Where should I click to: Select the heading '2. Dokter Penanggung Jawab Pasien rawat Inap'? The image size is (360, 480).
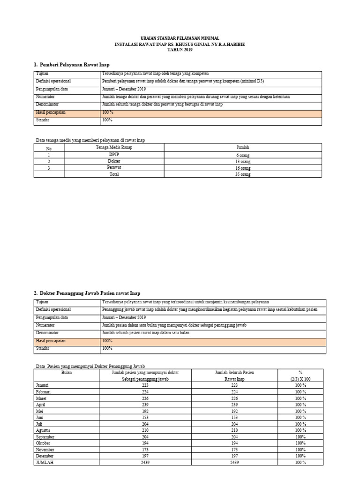pos(87,293)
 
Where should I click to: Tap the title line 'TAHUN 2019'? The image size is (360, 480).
pos(180,50)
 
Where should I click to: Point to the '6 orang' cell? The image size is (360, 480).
pos(243,155)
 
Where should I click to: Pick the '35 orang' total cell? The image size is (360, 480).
pos(243,174)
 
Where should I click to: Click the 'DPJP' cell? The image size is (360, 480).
pos(114,155)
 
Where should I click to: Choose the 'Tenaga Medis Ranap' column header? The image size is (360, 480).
pos(114,147)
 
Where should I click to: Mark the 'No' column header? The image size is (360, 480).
pos(48,148)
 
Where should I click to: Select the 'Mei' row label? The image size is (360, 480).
pos(39,411)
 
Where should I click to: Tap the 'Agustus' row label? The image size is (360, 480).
pos(43,430)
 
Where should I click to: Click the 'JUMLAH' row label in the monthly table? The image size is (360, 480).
pos(45,462)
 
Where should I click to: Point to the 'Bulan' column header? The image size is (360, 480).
pos(67,373)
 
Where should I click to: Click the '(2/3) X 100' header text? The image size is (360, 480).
pos(300,379)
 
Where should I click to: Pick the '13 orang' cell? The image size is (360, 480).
pos(243,161)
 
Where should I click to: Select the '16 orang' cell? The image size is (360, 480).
pos(243,168)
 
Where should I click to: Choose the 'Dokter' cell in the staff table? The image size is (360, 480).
pos(114,161)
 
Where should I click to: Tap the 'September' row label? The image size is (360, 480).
pos(45,436)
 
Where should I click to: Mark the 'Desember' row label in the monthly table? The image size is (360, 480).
pos(45,456)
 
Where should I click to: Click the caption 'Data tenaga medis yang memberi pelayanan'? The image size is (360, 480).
pos(90,140)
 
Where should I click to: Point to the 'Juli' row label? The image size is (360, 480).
pos(39,424)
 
